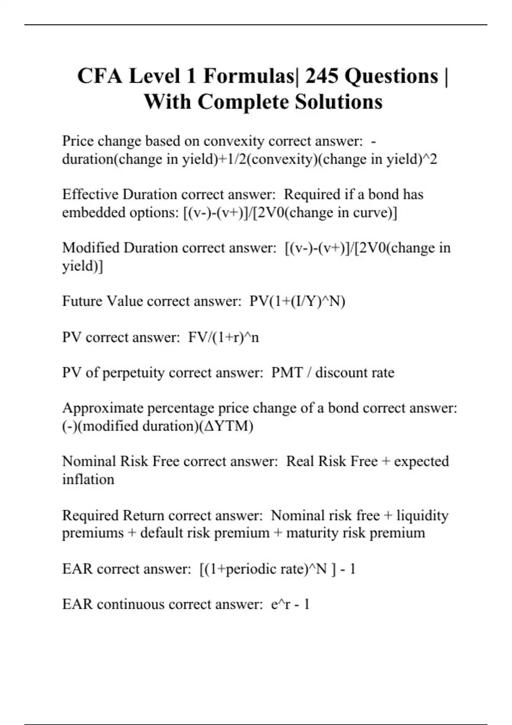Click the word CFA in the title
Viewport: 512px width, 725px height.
(100, 76)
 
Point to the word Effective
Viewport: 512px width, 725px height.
(90, 194)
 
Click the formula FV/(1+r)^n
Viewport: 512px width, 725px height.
(223, 337)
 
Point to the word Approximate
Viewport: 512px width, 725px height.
(102, 408)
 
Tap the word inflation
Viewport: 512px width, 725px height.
(88, 479)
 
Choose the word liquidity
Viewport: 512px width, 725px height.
(422, 516)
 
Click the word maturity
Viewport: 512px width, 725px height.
(311, 533)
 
